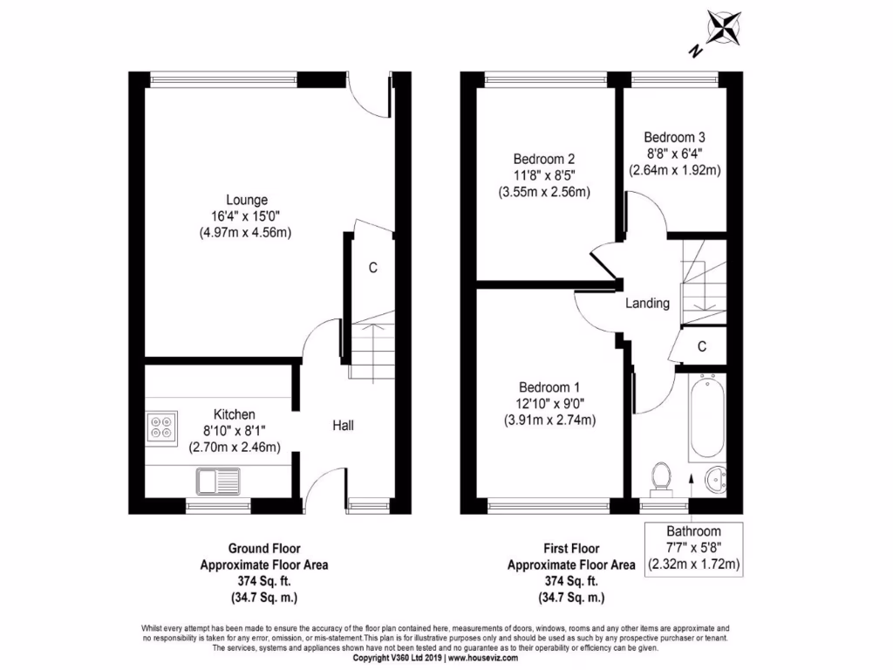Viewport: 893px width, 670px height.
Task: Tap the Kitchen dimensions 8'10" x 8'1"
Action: click(x=235, y=431)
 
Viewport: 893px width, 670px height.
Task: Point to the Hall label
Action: click(x=342, y=426)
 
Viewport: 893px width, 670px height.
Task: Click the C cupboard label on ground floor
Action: click(x=372, y=268)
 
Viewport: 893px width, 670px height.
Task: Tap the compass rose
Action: click(x=723, y=26)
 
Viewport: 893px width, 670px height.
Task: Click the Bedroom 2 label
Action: click(x=543, y=160)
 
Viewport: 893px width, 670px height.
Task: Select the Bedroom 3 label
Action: click(x=674, y=137)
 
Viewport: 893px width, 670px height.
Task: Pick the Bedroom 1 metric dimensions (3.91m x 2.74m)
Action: click(x=549, y=420)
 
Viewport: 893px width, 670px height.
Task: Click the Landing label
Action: click(x=647, y=304)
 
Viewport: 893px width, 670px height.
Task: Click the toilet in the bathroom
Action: click(x=663, y=478)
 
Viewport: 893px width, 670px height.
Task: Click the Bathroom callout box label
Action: click(x=693, y=531)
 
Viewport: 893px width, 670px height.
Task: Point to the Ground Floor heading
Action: click(x=264, y=549)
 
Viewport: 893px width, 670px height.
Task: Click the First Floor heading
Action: click(x=571, y=549)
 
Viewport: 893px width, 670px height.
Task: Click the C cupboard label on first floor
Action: click(x=701, y=346)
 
